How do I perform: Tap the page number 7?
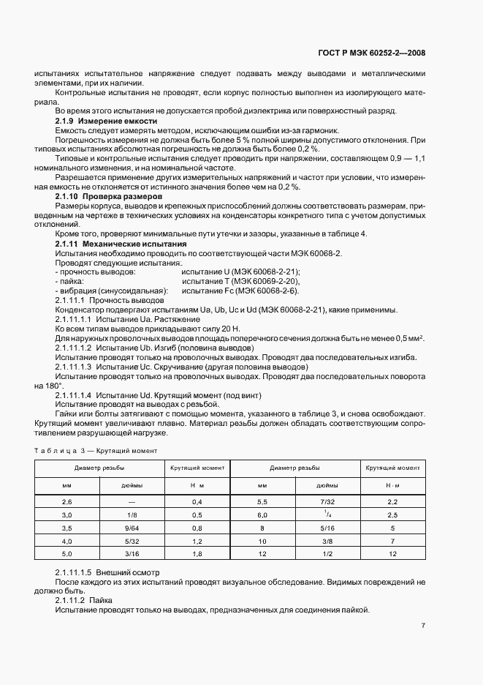coord(424,626)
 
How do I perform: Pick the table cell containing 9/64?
coord(132,527)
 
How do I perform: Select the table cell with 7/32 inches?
coord(327,501)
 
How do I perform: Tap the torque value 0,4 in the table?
coord(197,501)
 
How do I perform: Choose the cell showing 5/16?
coord(327,527)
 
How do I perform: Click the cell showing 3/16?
coord(132,554)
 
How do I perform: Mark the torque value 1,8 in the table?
coord(197,554)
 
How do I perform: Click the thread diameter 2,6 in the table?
coord(67,501)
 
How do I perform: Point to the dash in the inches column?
coord(132,501)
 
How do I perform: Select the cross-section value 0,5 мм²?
coord(410,338)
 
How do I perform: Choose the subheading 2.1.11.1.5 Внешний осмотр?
coord(107,571)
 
